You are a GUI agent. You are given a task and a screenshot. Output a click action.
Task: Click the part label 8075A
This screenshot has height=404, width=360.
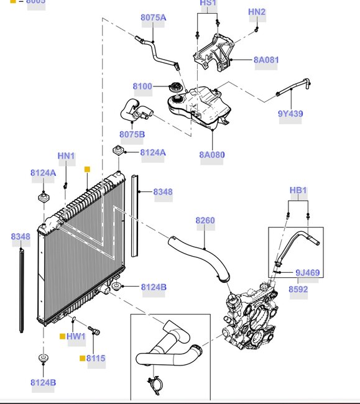point(153,17)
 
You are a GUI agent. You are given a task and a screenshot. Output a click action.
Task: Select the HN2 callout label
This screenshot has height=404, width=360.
point(256,12)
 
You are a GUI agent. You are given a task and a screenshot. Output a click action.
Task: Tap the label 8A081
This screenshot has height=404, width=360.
point(266,60)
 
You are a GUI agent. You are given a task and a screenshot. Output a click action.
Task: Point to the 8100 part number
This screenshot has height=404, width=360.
point(142,86)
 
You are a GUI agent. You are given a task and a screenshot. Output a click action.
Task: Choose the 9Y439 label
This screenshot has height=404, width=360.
point(290,114)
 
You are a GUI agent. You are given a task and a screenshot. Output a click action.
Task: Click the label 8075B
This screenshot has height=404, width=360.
point(132,134)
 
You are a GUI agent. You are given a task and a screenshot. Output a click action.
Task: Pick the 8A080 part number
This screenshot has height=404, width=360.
point(211,155)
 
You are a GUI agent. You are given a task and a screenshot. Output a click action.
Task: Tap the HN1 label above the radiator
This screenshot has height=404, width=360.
point(66,155)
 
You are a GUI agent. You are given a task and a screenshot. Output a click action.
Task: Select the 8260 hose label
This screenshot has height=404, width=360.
point(205,220)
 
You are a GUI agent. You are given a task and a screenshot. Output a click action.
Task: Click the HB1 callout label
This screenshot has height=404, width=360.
point(298,190)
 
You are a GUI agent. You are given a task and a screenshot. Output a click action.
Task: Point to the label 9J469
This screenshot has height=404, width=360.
point(307,272)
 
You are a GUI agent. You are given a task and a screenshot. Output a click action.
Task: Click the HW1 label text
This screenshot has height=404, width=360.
point(76,336)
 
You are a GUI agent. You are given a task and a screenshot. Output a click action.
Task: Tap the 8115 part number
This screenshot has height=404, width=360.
point(96,358)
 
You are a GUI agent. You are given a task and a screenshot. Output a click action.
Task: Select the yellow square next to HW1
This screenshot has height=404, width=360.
point(62,336)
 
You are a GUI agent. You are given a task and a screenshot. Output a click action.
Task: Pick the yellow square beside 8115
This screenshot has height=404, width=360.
point(82,359)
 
